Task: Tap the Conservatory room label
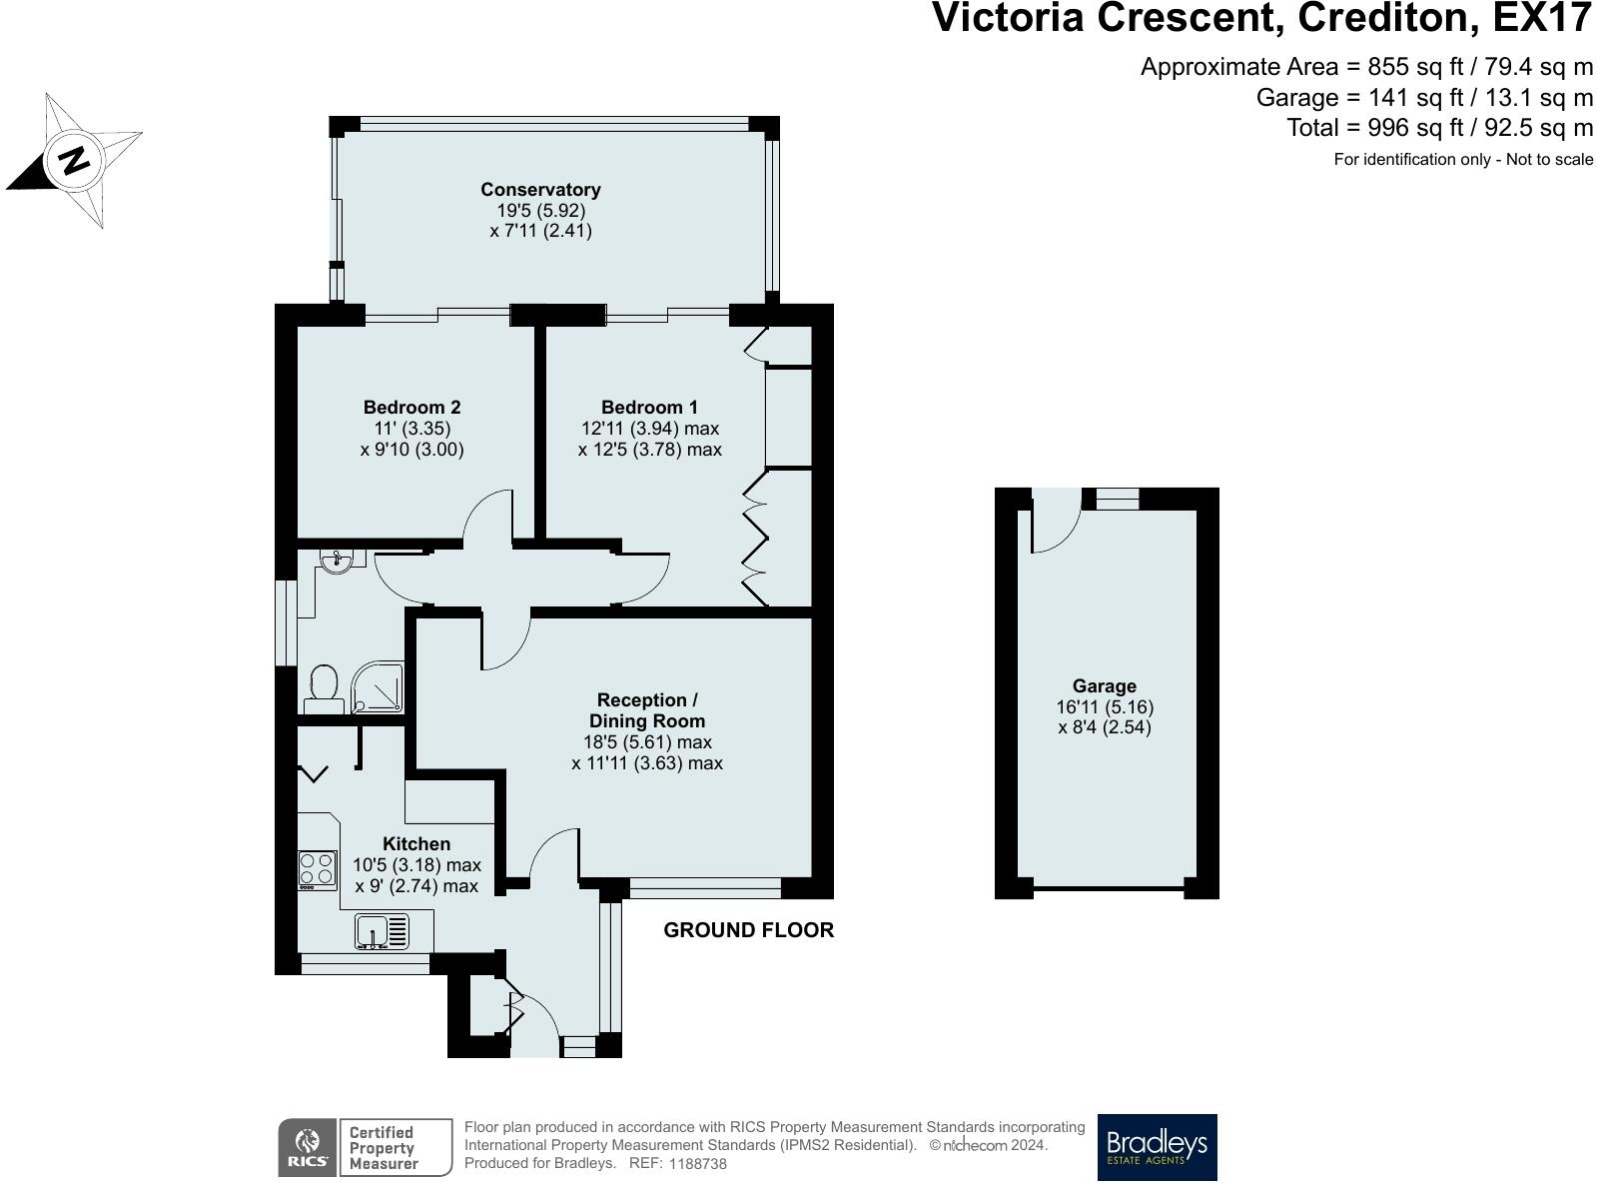(540, 190)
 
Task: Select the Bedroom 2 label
(411, 407)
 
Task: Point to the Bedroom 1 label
(649, 407)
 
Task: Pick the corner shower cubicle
(377, 687)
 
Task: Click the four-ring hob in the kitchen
(317, 870)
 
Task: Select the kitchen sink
(382, 930)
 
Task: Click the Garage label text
(1105, 685)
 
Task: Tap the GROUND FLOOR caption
(749, 930)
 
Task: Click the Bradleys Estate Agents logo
(1158, 1147)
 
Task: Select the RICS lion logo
(308, 1147)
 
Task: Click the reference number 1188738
(698, 1164)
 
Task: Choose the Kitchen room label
(416, 843)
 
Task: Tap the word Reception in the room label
(641, 699)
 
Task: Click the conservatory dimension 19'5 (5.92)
(540, 211)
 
